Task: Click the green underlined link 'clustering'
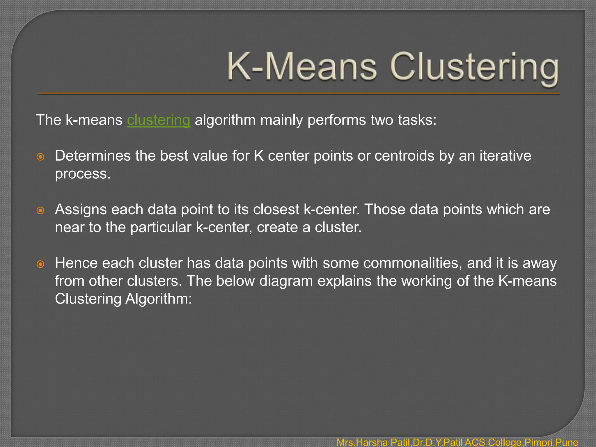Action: [159, 120]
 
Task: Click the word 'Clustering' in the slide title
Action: [474, 68]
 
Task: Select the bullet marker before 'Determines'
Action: [40, 157]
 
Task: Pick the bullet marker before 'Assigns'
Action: [40, 210]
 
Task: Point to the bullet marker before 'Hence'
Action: [40, 264]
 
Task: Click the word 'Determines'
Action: [93, 156]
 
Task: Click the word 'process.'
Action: [83, 174]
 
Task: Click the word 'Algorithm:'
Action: [159, 299]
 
